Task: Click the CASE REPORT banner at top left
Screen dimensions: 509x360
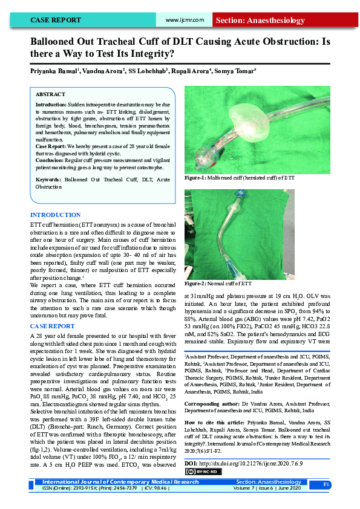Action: [56, 21]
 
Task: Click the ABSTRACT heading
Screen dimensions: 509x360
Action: [50, 95]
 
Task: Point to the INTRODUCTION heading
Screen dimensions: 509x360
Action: [55, 215]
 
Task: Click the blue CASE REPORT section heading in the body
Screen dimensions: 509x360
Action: [53, 326]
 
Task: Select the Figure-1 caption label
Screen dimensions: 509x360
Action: [196, 178]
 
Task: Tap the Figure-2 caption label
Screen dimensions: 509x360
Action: [196, 283]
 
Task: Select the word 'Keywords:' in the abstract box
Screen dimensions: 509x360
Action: [48, 180]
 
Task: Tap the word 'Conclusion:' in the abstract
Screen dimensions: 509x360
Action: [50, 161]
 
